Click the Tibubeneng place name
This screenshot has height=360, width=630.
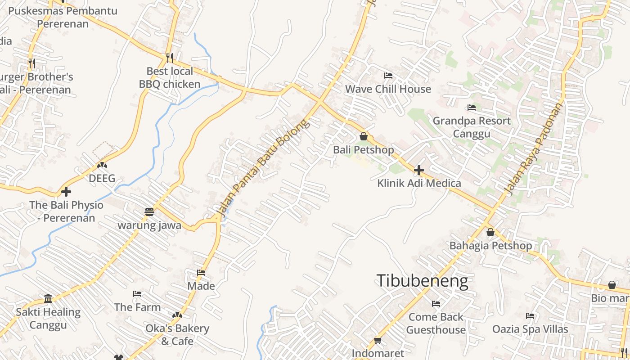click(422, 281)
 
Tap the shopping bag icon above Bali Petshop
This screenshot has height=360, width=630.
click(364, 136)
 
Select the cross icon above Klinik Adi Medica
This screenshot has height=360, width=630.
click(419, 170)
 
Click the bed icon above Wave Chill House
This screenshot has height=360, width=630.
click(388, 76)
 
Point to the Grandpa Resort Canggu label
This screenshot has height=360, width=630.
click(472, 127)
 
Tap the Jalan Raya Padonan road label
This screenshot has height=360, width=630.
click(534, 149)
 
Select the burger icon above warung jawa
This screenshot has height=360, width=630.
click(149, 211)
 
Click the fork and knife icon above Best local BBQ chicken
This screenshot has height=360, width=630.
click(170, 58)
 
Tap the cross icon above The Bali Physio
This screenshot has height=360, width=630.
click(66, 192)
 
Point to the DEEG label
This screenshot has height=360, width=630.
click(102, 178)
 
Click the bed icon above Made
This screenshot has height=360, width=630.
click(201, 273)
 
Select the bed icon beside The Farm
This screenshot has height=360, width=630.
click(137, 294)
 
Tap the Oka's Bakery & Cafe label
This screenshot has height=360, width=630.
click(177, 335)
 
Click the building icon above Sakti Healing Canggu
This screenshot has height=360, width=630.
click(48, 298)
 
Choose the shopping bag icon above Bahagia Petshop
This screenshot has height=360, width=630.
click(490, 233)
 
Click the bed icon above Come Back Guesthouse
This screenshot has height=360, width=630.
click(436, 304)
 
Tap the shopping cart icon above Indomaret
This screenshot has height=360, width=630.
click(378, 341)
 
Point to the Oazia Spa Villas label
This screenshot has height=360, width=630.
click(530, 329)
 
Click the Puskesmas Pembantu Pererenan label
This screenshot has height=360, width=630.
click(63, 17)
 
